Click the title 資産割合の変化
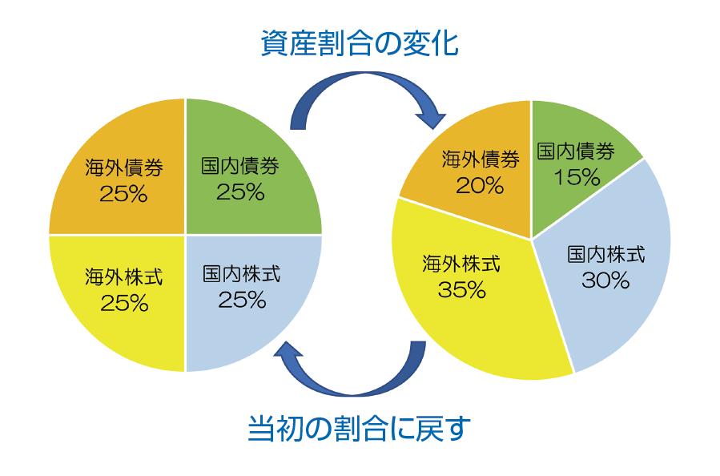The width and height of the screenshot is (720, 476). coord(360,43)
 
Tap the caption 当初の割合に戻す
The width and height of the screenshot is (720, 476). coord(360,428)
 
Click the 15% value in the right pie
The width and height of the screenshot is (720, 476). coord(577,177)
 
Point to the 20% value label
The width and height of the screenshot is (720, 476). coord(480,186)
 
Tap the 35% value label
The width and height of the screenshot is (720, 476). coord(461,289)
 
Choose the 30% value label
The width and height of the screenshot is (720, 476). coord(605,280)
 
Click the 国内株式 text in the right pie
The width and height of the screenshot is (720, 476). coord(606,254)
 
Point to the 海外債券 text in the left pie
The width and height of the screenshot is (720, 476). coord(124,167)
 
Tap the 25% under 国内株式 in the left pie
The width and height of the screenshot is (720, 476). coord(242,301)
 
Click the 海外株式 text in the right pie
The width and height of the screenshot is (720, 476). coord(461,264)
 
